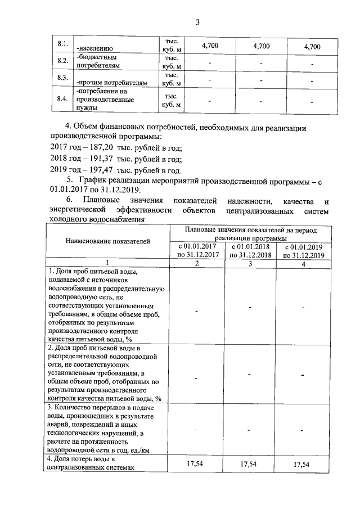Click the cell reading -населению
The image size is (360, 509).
click(96, 48)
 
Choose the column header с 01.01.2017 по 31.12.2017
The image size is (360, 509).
click(196, 250)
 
